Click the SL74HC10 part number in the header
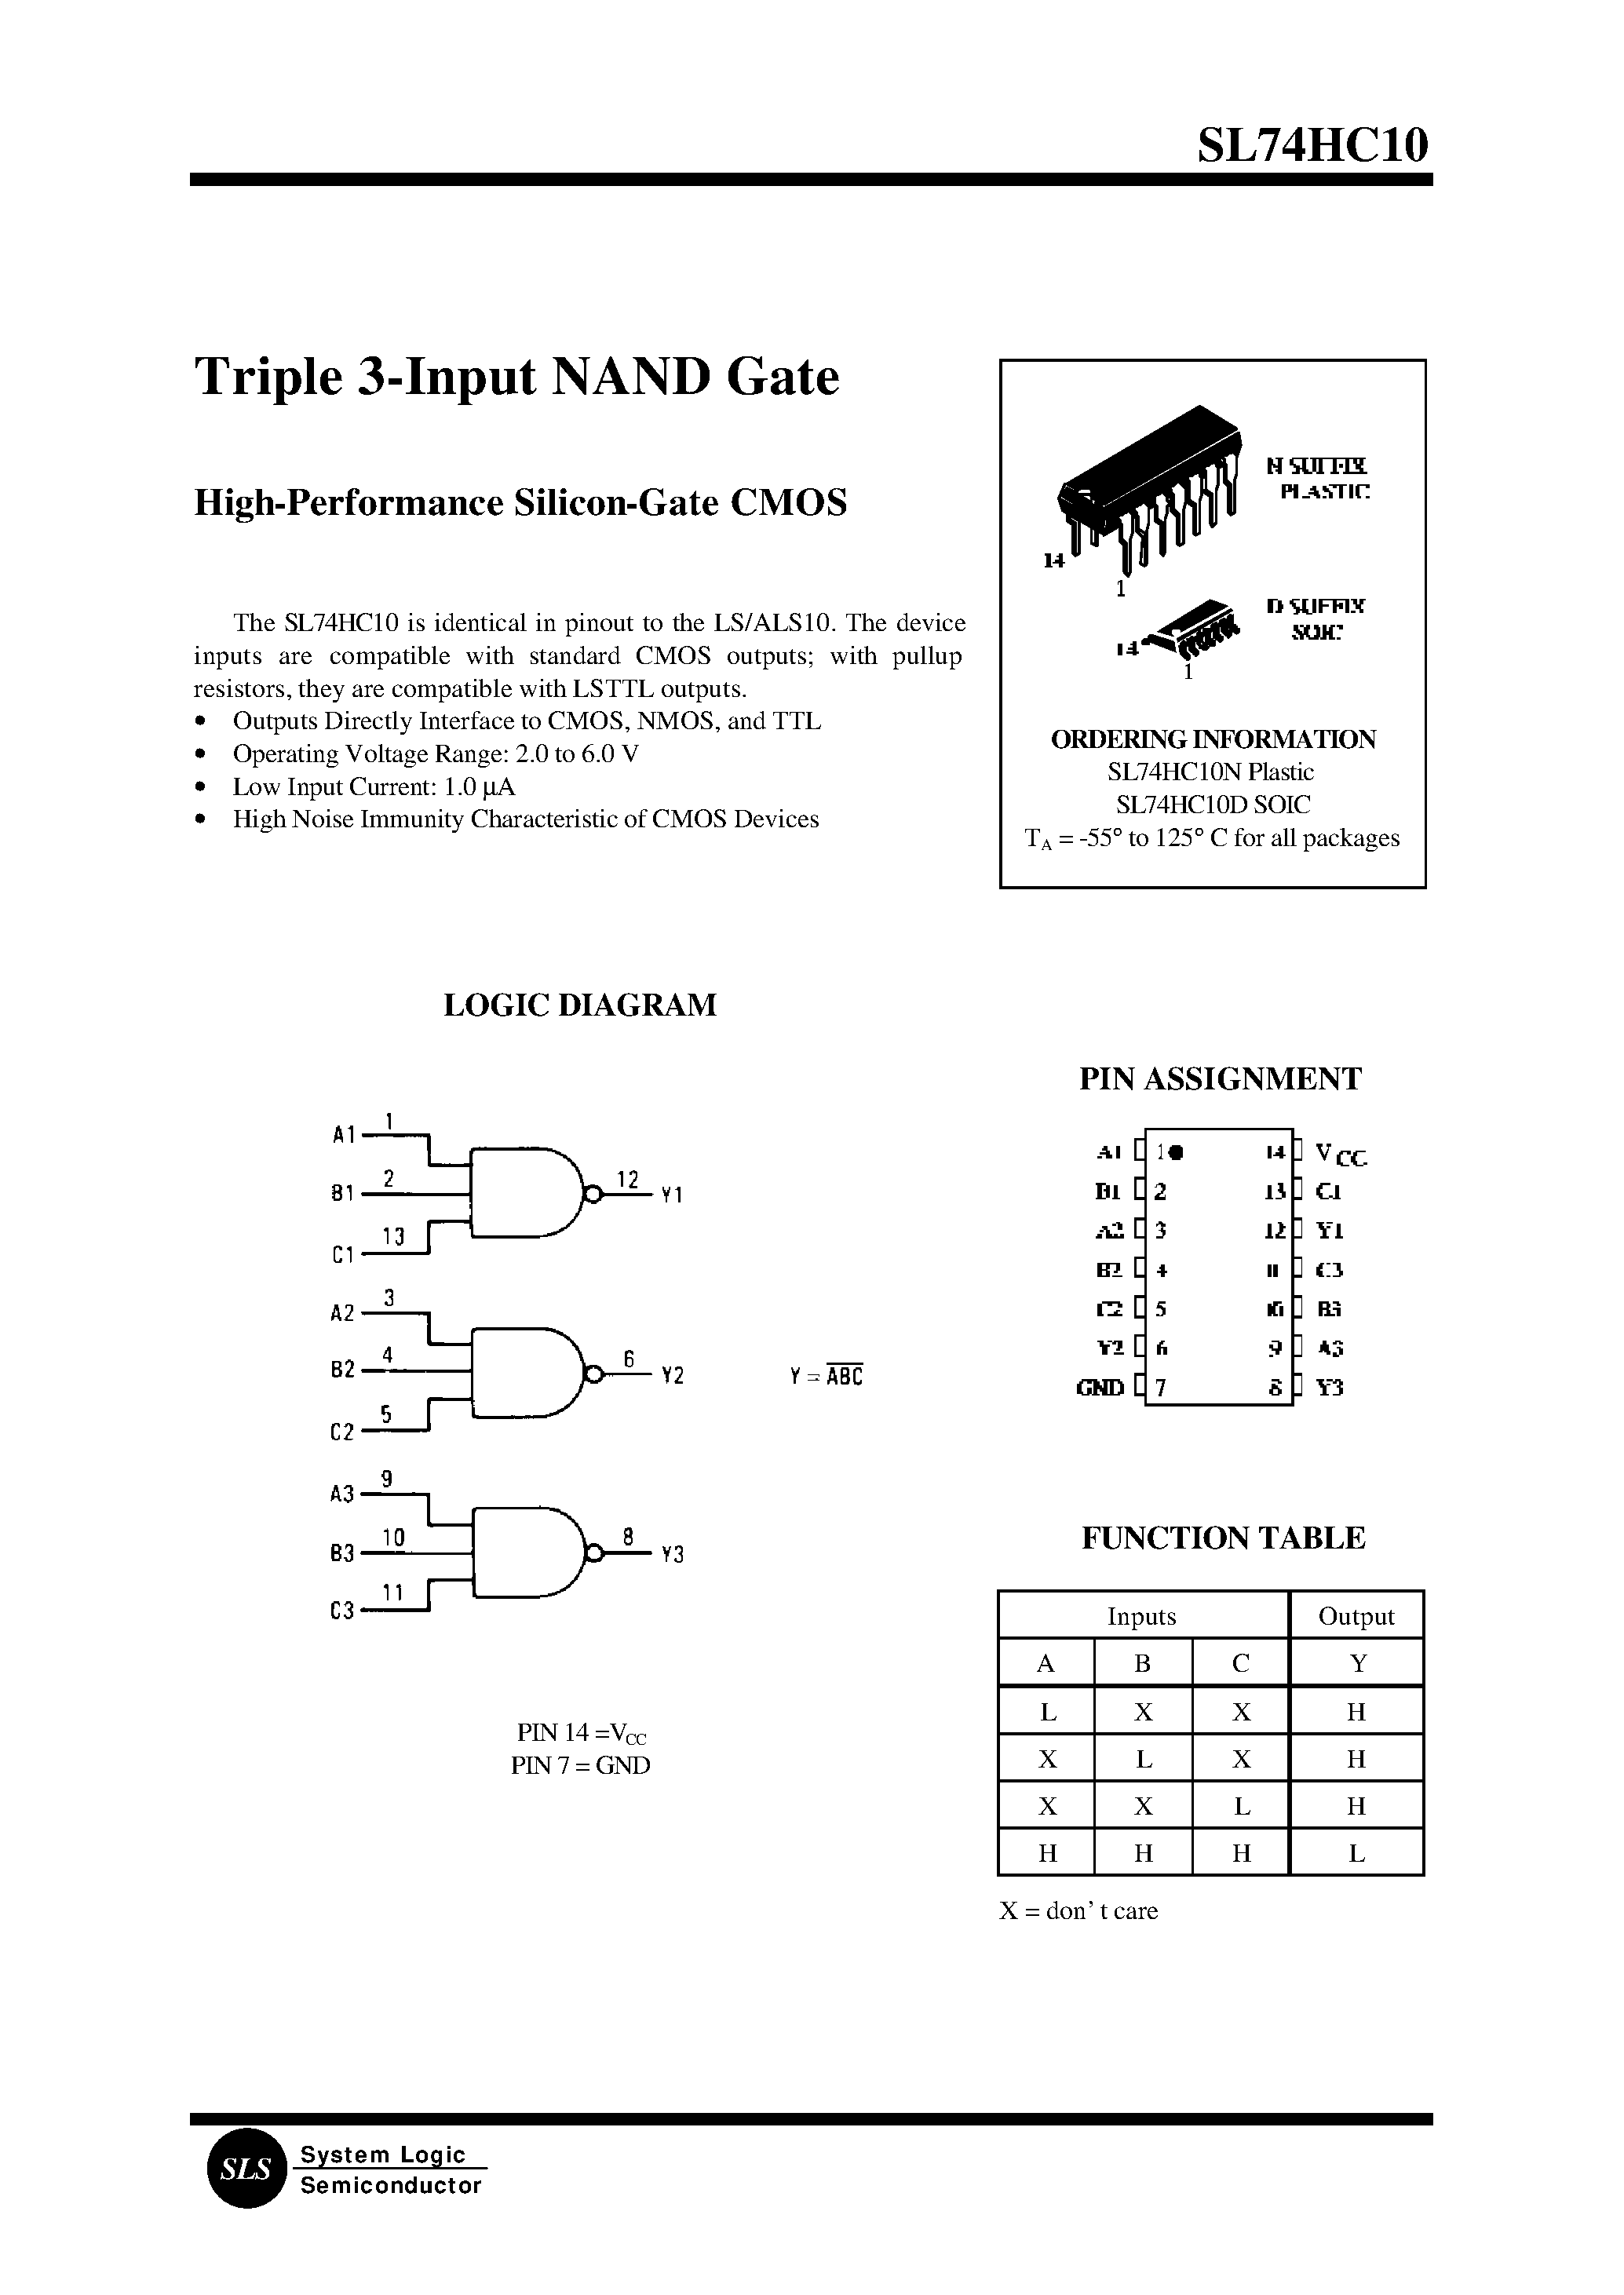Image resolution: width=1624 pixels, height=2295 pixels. (x=1312, y=146)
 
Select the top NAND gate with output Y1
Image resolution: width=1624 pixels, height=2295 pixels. (x=525, y=1194)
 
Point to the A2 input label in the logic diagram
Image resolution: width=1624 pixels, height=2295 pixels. (x=342, y=1313)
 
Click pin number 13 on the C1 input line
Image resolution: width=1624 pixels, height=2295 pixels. (x=393, y=1237)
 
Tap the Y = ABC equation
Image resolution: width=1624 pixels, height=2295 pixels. (x=826, y=1375)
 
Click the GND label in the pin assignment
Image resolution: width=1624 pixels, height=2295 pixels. (x=1100, y=1387)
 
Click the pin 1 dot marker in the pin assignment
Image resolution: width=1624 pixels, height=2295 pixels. (x=1176, y=1152)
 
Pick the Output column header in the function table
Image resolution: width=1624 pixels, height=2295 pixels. (x=1356, y=1616)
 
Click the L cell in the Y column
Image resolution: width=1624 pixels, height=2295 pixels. (x=1356, y=1853)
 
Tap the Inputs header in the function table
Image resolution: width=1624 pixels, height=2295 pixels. (x=1141, y=1616)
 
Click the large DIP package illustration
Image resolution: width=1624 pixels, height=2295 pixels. (x=1150, y=485)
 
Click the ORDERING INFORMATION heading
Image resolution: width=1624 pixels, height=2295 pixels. (x=1212, y=739)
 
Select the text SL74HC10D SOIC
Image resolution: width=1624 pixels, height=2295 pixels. (x=1212, y=804)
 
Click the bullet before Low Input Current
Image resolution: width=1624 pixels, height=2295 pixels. (x=202, y=787)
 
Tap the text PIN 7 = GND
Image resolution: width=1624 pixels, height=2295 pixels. (x=580, y=1765)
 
